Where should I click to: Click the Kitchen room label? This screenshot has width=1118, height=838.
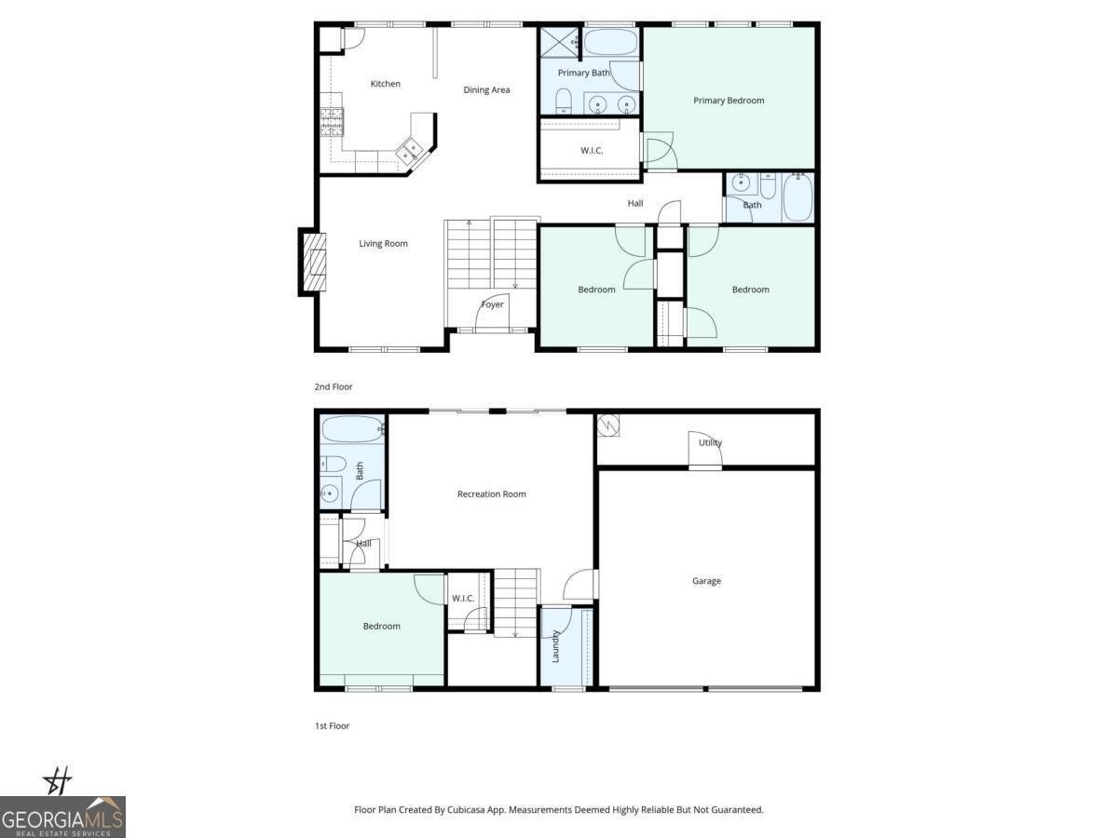coord(385,84)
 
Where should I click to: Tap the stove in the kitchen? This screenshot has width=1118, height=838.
coord(333,122)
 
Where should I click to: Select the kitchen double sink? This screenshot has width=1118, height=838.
coord(411,150)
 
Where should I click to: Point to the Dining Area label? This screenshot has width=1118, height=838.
coord(486,90)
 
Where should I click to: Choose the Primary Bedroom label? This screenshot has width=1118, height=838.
coord(729,101)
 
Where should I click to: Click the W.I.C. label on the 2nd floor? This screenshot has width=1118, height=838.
coord(593,150)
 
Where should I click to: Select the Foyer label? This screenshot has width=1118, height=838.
coord(492,304)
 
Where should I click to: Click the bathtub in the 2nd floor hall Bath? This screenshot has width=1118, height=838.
coord(798,197)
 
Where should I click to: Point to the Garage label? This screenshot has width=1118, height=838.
coord(706,581)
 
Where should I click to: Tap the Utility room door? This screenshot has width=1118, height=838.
coord(704,453)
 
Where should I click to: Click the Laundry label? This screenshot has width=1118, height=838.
coord(555,646)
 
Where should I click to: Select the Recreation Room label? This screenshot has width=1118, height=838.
coord(491,494)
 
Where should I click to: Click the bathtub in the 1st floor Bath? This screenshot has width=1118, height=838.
coord(352,430)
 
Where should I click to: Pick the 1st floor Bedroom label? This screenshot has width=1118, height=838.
coord(381,627)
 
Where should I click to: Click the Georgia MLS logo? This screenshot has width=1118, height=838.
coord(62,817)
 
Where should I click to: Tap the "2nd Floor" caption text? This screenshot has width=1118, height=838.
coord(334,386)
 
